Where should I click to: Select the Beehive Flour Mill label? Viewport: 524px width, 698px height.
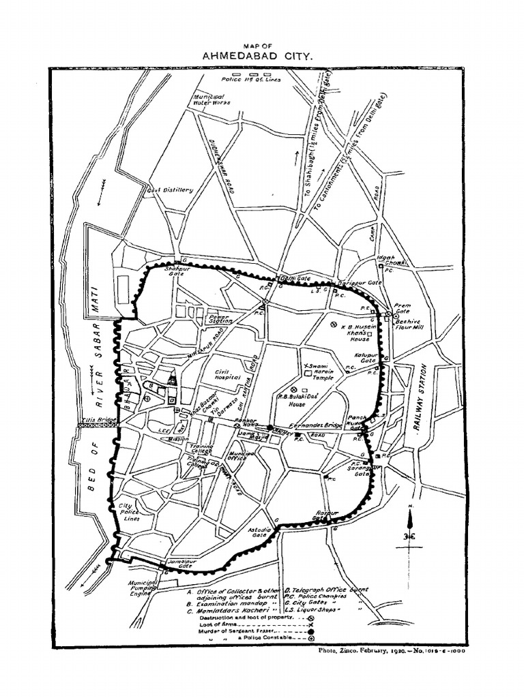[x=416, y=324]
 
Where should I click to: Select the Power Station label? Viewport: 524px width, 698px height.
[x=220, y=319]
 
